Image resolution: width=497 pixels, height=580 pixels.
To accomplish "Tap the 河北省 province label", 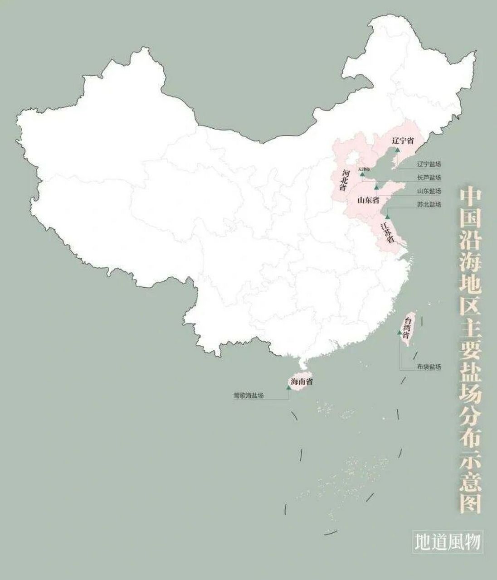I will tap(345, 180).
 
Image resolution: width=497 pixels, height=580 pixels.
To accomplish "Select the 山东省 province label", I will tap(368, 200).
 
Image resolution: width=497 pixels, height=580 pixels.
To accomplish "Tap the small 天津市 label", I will tap(363, 169).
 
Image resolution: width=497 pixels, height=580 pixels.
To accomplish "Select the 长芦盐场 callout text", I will tap(429, 178).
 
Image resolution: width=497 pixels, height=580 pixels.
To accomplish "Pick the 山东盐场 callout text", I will tap(429, 191).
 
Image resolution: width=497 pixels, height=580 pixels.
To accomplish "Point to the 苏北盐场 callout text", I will tap(429, 205).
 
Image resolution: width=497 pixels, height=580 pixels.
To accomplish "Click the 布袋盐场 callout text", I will tap(429, 367).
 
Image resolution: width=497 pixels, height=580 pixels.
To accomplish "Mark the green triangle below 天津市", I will tap(362, 174).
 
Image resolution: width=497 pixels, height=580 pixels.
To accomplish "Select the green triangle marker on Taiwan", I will tap(399, 333).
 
